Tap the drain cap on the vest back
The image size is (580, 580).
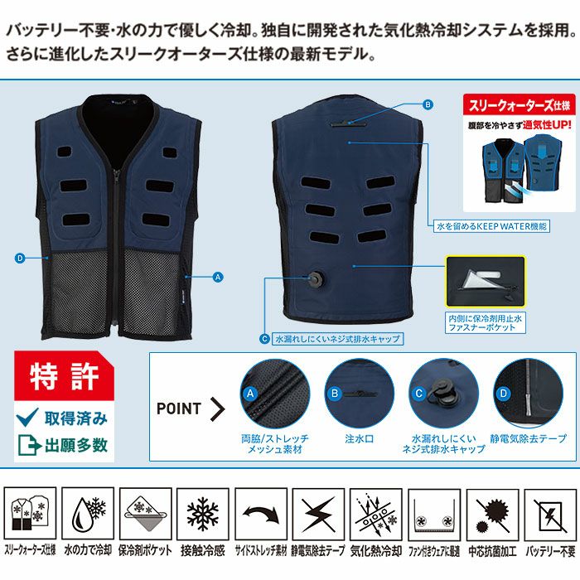click(x=315, y=279)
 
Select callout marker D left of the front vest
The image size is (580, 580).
click(x=19, y=258)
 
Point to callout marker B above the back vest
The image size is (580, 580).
click(x=428, y=105)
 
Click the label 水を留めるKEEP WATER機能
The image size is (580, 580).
click(x=490, y=225)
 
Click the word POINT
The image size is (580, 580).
click(x=179, y=408)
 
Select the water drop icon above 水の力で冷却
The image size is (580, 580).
click(x=87, y=514)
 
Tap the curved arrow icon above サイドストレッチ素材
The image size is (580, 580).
click(x=259, y=514)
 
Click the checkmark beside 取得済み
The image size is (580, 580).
click(x=27, y=418)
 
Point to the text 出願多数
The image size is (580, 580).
click(x=78, y=445)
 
